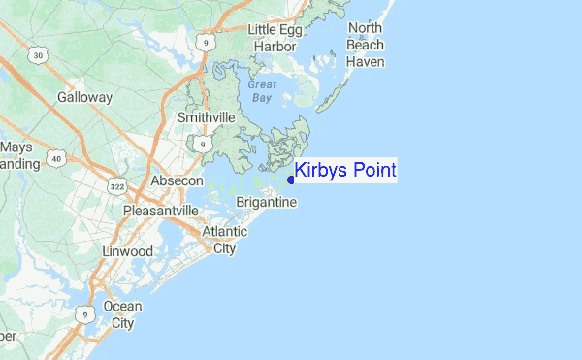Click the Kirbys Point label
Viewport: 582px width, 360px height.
(345, 171)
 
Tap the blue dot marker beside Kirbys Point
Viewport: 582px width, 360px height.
(291, 179)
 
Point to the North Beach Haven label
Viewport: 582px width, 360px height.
(366, 45)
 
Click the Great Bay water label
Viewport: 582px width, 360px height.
(262, 91)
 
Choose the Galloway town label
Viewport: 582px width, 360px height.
(85, 98)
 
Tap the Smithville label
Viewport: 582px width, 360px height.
(207, 117)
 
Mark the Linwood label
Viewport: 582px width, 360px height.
(128, 251)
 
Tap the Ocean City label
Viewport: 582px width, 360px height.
(122, 314)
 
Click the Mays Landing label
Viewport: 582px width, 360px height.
(17, 155)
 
